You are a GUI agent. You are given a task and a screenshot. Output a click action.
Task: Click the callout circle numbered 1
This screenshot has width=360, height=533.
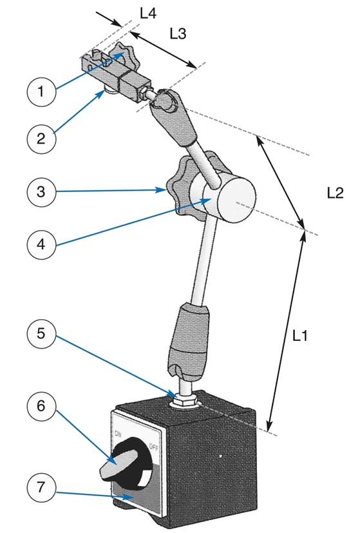click(41, 92)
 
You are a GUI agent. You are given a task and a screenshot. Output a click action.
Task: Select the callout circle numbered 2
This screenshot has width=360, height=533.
click(41, 139)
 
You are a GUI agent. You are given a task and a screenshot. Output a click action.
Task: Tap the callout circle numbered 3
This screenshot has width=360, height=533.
click(41, 191)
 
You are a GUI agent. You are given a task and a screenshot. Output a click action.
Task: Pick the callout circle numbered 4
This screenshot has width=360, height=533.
click(41, 244)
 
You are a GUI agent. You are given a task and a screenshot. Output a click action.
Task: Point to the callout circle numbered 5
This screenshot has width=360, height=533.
click(41, 333)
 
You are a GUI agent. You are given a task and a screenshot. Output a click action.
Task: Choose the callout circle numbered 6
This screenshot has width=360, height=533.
click(41, 405)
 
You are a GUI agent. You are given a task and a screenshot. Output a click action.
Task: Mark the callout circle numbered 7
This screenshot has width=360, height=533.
click(41, 487)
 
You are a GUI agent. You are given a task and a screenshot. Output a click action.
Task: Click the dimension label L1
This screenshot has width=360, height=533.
click(300, 336)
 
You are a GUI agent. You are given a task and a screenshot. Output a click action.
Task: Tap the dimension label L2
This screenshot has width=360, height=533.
click(336, 193)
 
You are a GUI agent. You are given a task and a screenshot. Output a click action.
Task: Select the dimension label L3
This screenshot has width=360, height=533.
click(178, 34)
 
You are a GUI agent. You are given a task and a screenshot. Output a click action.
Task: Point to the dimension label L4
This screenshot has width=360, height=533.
click(148, 14)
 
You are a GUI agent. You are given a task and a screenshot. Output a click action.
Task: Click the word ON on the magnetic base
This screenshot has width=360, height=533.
click(118, 434)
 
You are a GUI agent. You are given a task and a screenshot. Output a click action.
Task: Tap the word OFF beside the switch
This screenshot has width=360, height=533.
click(153, 448)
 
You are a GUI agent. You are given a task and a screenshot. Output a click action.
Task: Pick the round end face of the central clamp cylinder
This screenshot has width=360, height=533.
click(236, 200)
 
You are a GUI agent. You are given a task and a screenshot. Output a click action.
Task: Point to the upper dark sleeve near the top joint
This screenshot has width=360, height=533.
click(176, 119)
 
